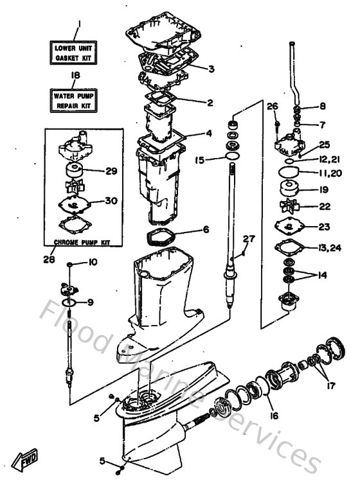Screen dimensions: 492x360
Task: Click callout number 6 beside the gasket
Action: pyautogui.click(x=206, y=229)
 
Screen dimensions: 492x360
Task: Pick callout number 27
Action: pyautogui.click(x=248, y=239)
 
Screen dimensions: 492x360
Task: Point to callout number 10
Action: pyautogui.click(x=93, y=262)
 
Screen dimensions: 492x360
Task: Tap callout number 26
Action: pyautogui.click(x=272, y=106)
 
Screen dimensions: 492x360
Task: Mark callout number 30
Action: pyautogui.click(x=111, y=200)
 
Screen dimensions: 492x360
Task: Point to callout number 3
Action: pyautogui.click(x=211, y=67)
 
